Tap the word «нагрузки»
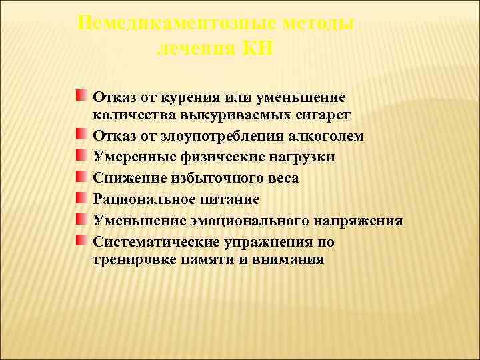[303, 157]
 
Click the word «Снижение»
[126, 178]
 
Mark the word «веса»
[281, 178]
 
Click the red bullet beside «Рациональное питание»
[81, 198]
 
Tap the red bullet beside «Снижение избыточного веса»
[81, 177]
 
